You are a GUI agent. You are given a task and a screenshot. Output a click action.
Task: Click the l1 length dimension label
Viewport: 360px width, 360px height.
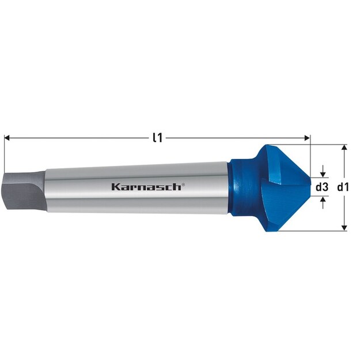point(156,137)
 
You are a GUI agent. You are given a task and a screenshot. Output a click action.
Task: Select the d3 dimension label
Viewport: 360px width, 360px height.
point(322,187)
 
